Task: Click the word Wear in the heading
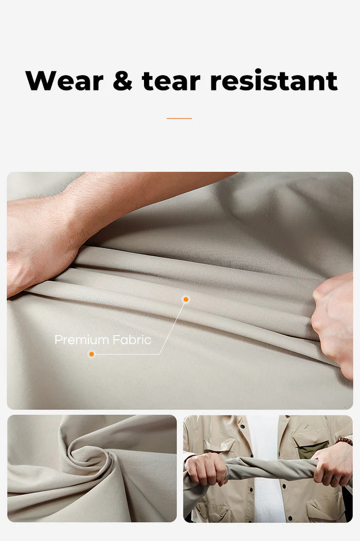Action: click(x=64, y=81)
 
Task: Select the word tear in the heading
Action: click(x=171, y=81)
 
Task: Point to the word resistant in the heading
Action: click(x=274, y=81)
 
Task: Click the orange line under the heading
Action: click(x=179, y=118)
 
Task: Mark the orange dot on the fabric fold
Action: click(x=186, y=299)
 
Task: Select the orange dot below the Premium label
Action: click(x=92, y=354)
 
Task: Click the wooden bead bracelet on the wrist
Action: click(x=345, y=441)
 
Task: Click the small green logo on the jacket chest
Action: click(x=307, y=426)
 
